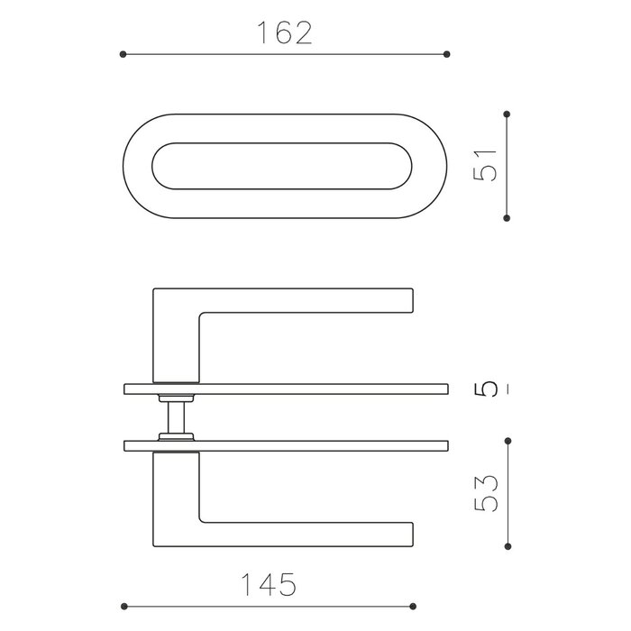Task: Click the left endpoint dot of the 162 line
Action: pos(123,55)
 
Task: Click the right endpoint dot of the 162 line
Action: pos(448,55)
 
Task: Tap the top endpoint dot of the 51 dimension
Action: pos(508,114)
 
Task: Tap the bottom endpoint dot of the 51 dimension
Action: pos(508,216)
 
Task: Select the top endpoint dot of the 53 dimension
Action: pos(508,441)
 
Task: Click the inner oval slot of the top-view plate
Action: pos(285,166)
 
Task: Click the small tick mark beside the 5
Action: pos(508,390)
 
